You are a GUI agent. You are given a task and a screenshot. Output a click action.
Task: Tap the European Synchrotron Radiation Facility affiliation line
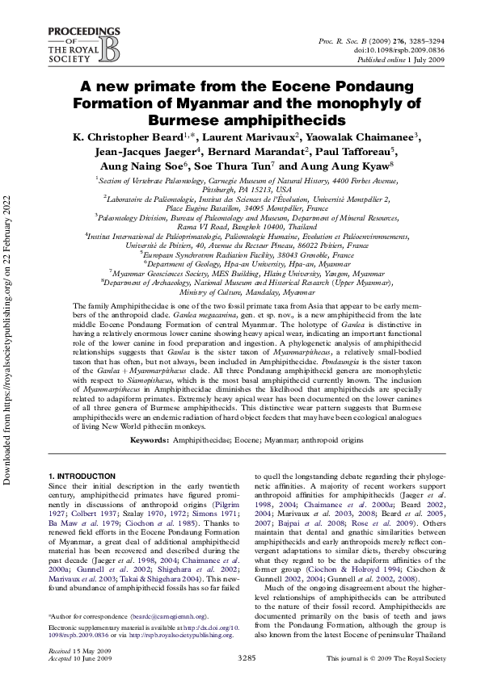(x=241, y=254)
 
